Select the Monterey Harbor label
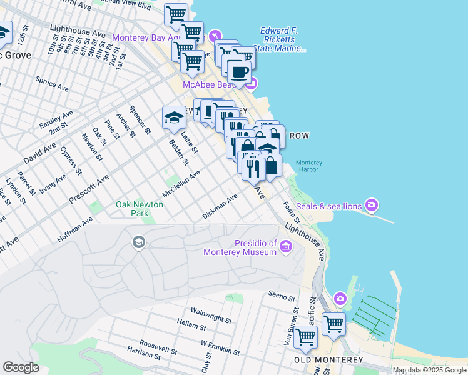tap(309, 166)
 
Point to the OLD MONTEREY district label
tap(328, 361)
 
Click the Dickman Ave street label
tap(220, 207)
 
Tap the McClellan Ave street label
tap(181, 184)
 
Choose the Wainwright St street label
tap(211, 314)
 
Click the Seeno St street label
tap(281, 295)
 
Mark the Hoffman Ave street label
tap(74, 229)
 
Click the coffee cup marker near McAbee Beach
tap(239, 71)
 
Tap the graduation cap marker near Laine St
tap(175, 116)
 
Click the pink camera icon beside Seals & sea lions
tap(372, 205)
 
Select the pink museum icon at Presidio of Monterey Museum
tap(286, 247)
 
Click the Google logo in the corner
tap(21, 367)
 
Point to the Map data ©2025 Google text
tap(429, 370)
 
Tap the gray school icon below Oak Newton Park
tap(138, 242)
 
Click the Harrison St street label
tap(144, 354)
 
